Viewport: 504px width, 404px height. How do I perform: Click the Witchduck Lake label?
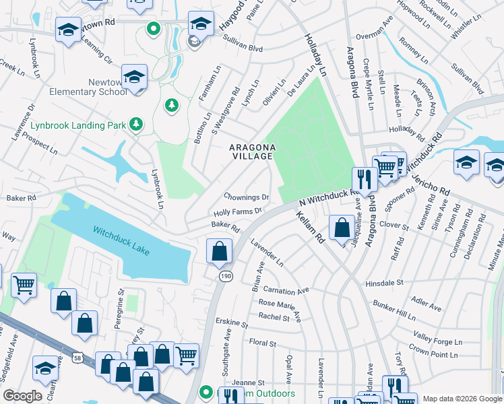point(122,240)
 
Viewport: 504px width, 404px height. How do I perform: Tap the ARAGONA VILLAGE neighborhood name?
point(251,151)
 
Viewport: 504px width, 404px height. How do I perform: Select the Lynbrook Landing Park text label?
point(77,125)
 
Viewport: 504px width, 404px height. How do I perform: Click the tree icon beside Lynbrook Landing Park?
point(137,124)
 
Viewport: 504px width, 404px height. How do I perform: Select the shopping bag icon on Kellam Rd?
point(342,228)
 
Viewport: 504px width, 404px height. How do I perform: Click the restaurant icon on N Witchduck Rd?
point(363,179)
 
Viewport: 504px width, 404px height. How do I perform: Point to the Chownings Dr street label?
point(247,197)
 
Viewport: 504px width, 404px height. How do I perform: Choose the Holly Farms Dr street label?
point(237,211)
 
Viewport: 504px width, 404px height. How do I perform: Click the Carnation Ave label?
point(286,290)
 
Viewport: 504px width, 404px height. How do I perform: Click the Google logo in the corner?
point(22,396)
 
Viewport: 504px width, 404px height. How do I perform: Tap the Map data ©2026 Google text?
point(462,399)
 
